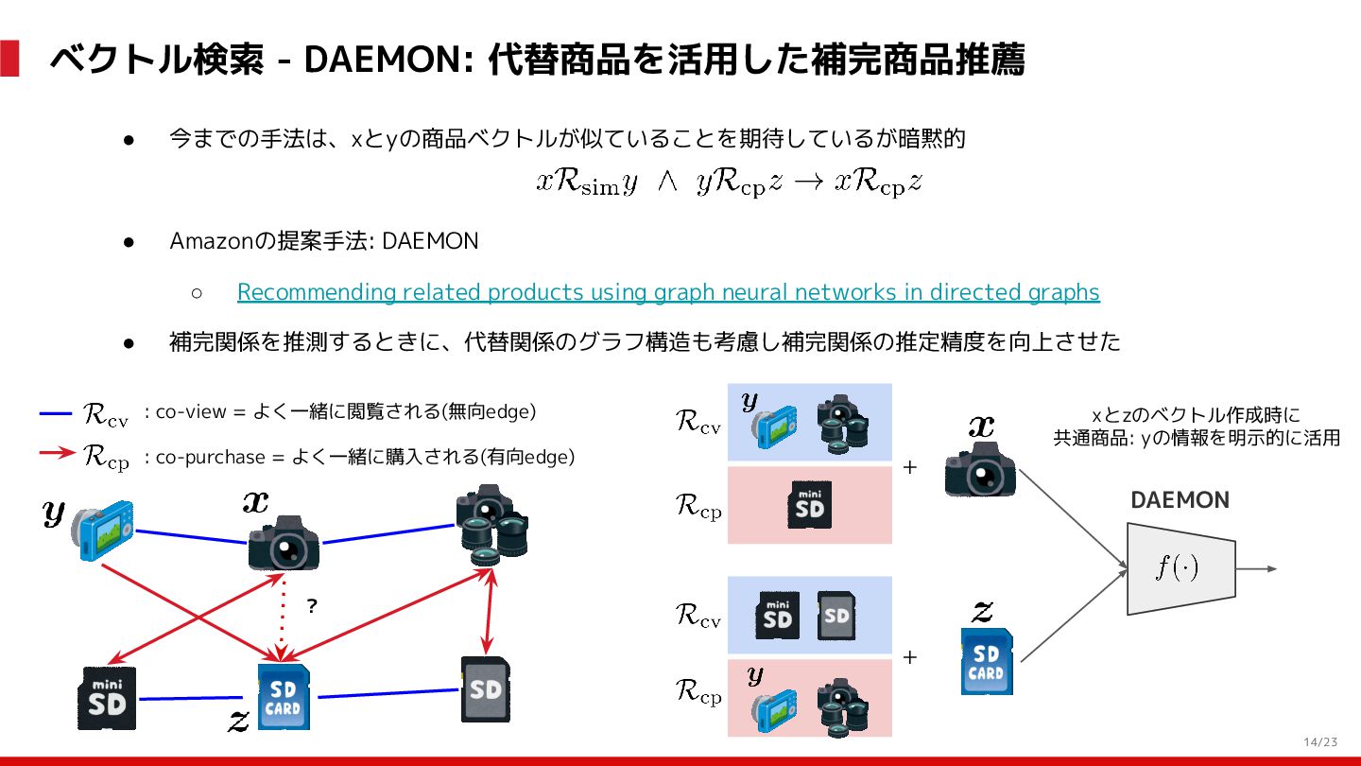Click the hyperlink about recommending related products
coord(668,292)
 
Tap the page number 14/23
coord(1320,741)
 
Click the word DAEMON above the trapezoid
coord(1180,500)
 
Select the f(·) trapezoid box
coord(1180,567)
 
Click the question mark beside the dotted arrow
coord(312,607)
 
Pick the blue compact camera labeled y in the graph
coord(104,530)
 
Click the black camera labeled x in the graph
coord(283,543)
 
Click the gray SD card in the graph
coord(486,688)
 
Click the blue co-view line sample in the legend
coord(56,413)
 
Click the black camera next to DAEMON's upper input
coord(980,468)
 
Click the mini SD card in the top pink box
coord(809,505)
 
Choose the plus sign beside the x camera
coord(910,467)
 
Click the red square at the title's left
coord(9,59)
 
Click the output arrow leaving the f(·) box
coord(1257,568)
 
